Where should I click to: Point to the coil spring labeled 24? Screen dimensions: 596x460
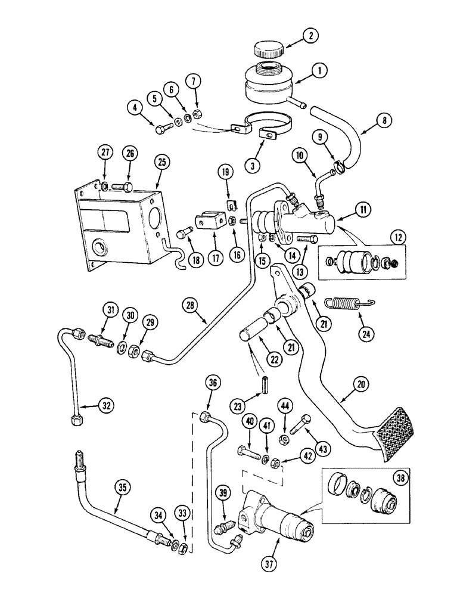pyautogui.click(x=343, y=305)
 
